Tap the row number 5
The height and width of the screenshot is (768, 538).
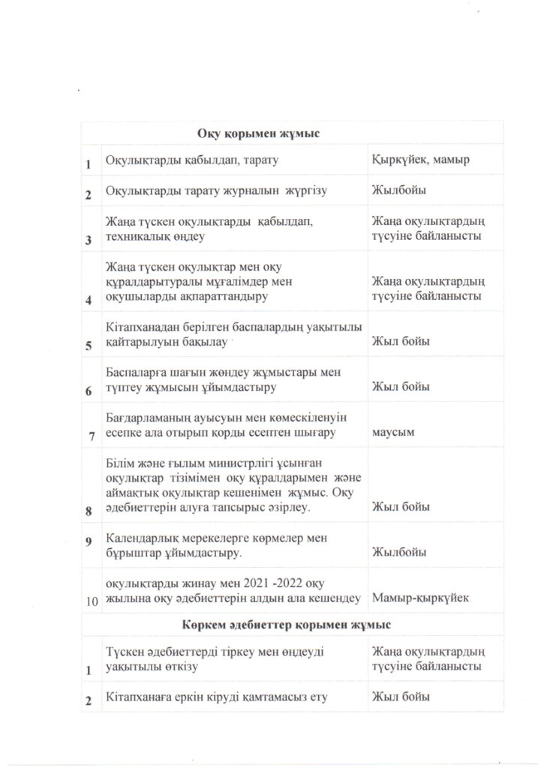coord(89,345)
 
